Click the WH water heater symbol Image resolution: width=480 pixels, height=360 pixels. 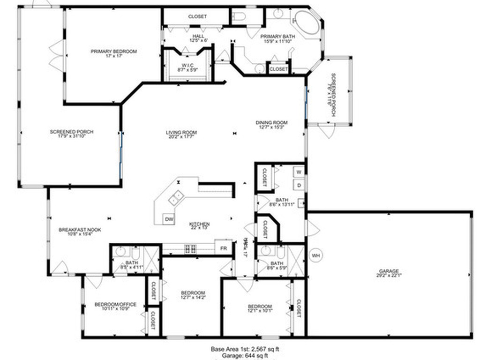[315, 255]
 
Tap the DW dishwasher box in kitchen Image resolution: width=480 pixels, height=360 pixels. [169, 219]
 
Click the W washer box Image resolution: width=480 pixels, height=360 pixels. [299, 172]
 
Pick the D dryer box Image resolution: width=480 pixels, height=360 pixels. [299, 185]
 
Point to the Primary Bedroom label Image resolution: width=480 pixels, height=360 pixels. [113, 52]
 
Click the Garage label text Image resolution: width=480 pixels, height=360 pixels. [389, 271]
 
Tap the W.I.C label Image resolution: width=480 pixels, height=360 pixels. [187, 65]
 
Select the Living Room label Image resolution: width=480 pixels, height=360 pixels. [181, 133]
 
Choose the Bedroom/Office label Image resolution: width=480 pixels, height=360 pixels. [115, 304]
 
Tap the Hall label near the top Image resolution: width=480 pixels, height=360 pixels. [198, 36]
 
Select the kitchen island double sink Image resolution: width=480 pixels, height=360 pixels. [176, 198]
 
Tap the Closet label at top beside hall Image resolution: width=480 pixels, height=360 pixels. [197, 17]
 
